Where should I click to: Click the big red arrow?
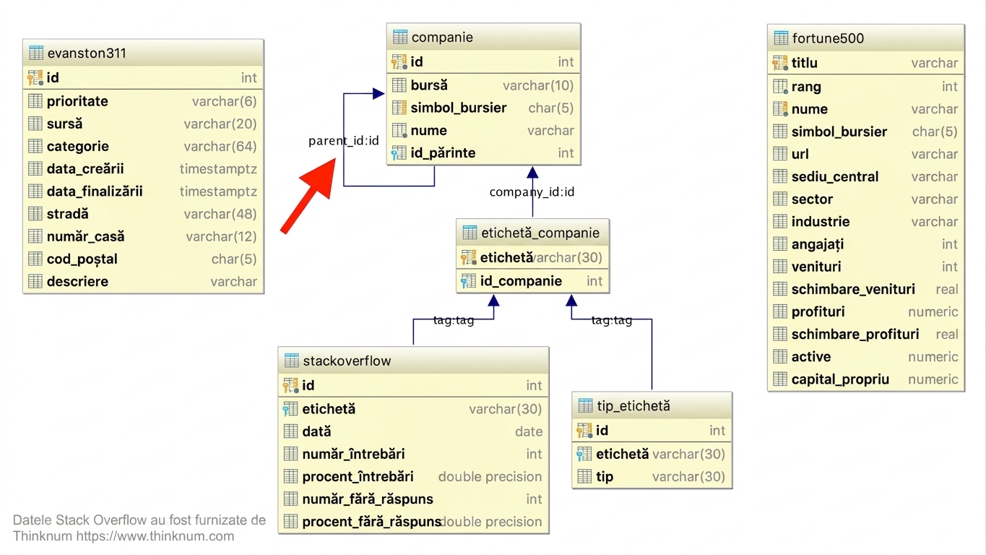308,195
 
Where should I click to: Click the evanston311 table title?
87,53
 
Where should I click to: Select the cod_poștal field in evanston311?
82,259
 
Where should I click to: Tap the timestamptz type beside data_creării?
218,168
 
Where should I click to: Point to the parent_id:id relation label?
343,140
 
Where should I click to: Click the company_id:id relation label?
532,192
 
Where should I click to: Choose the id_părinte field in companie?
443,153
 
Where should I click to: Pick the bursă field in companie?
429,85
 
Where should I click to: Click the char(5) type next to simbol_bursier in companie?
550,108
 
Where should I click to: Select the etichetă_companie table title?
540,233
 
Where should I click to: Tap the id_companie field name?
521,281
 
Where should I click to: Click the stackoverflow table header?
347,361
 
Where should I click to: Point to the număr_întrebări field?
353,454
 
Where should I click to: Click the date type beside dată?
529,431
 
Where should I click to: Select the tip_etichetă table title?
633,405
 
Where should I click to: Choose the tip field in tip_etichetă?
605,477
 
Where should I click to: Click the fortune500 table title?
828,38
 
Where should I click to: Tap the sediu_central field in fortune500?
834,176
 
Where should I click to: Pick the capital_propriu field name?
840,379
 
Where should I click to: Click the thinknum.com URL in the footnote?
155,536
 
